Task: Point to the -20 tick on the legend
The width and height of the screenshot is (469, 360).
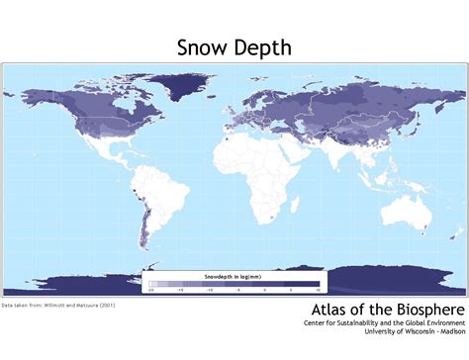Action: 151,292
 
